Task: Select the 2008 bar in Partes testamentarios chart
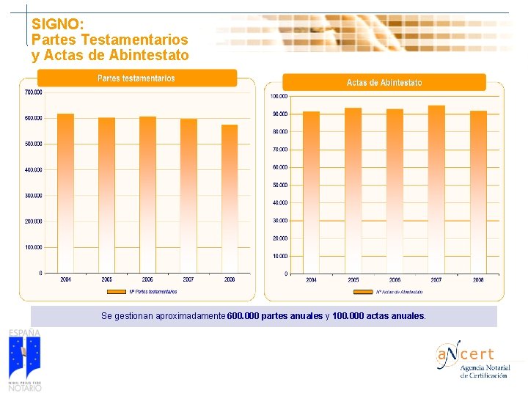tap(230, 198)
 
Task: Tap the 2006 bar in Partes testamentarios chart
tap(147, 194)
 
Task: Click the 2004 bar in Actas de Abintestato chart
tap(312, 192)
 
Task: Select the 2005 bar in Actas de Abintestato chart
tap(353, 191)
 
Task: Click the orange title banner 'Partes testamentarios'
tap(136, 78)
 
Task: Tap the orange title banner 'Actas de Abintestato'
tap(384, 83)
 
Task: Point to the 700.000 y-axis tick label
tap(33, 92)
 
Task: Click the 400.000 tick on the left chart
tap(33, 169)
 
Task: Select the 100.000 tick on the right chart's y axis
tap(279, 96)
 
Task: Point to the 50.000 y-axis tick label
tap(279, 185)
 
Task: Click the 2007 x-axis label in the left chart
tap(188, 279)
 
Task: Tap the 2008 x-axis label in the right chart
tap(478, 280)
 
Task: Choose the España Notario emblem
tap(25, 359)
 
